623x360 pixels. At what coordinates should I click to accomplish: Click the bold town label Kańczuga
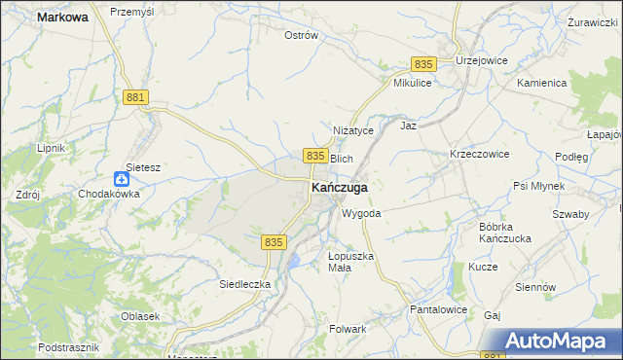(x=339, y=188)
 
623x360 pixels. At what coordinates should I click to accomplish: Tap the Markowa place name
(x=61, y=18)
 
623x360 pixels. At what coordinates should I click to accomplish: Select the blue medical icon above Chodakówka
(x=121, y=178)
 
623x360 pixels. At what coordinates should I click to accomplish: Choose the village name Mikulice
(x=412, y=84)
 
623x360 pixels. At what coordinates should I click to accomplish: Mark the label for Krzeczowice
(x=479, y=155)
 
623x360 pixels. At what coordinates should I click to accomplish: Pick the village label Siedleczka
(x=244, y=284)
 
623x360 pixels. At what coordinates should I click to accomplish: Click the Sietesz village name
(x=142, y=167)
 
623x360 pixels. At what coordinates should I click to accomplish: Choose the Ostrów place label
(x=301, y=35)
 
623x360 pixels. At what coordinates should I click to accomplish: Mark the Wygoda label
(x=360, y=213)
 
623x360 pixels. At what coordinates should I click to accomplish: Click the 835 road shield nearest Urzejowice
(x=422, y=63)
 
